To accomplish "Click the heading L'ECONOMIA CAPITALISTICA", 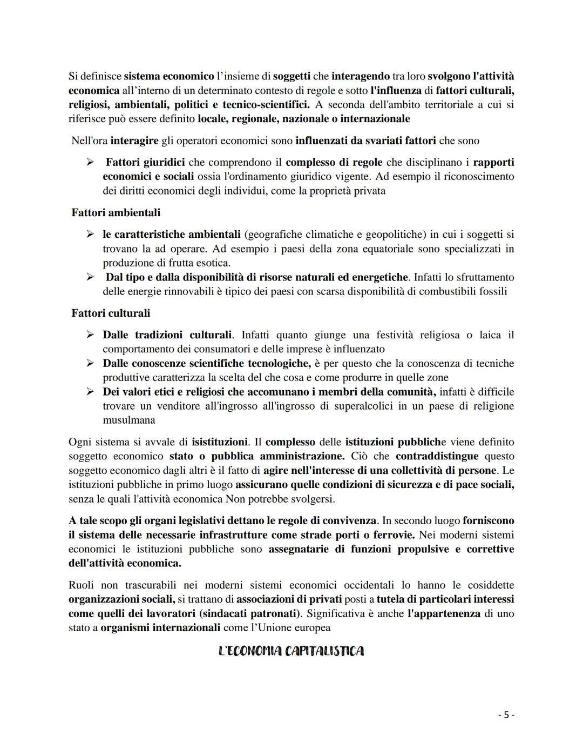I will pyautogui.click(x=291, y=651).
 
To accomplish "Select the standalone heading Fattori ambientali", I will pyautogui.click(x=116, y=213).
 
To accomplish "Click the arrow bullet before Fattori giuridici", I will pyautogui.click(x=91, y=162).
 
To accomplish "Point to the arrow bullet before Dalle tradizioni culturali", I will pyautogui.click(x=91, y=335).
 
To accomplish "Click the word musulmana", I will pyautogui.click(x=129, y=420).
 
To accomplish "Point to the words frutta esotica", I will pyautogui.click(x=202, y=263).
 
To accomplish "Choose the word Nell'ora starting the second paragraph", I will pyautogui.click(x=90, y=141).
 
